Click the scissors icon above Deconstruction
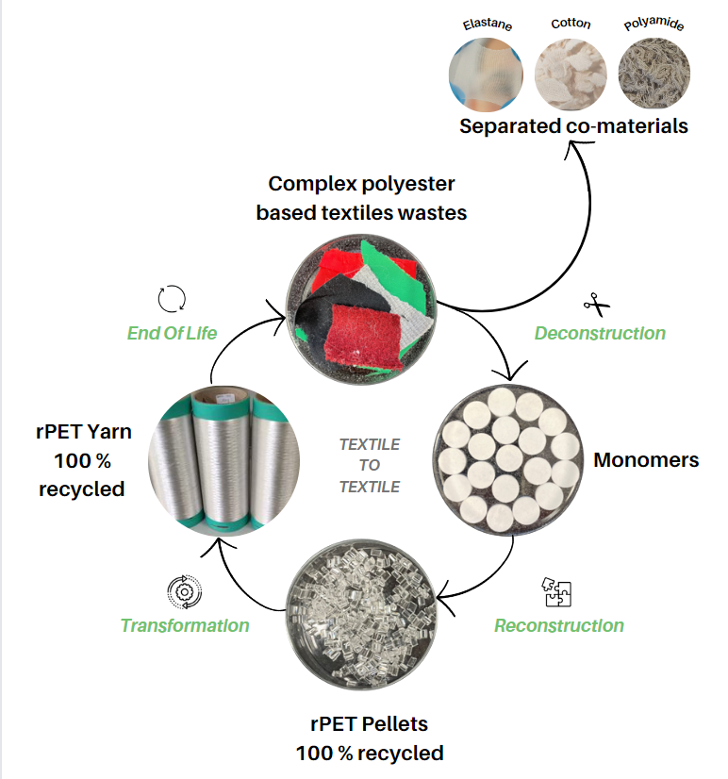[x=594, y=304]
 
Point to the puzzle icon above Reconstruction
[x=557, y=592]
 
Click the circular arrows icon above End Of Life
[x=172, y=299]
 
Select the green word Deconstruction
[x=600, y=333]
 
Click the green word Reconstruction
[x=559, y=625]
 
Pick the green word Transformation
[x=185, y=625]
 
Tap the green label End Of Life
[x=172, y=332]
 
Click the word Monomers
[x=646, y=460]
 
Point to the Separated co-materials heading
[x=573, y=126]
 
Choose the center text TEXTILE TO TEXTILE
[x=370, y=465]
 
